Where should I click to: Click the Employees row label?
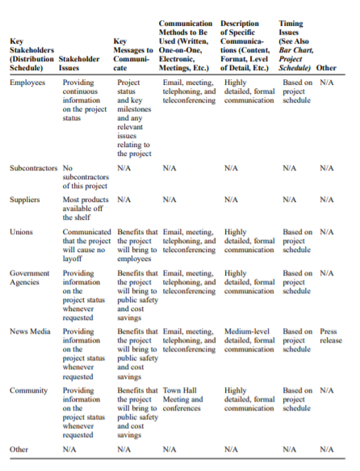(x=27, y=83)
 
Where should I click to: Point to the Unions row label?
(x=21, y=232)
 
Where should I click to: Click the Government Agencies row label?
(x=30, y=278)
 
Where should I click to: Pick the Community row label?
(x=28, y=390)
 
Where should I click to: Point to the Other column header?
(x=327, y=68)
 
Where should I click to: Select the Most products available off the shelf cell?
(x=85, y=207)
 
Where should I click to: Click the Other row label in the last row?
(x=19, y=449)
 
